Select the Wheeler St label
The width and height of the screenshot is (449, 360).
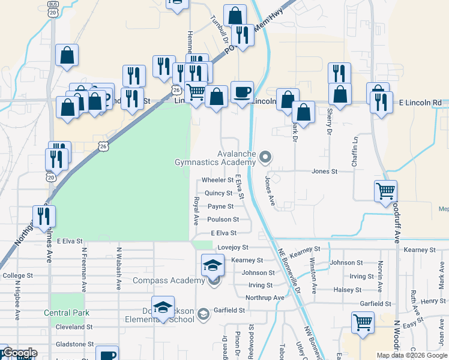[217, 180]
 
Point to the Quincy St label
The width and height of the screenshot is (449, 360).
[218, 193]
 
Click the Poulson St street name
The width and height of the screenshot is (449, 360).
[223, 220]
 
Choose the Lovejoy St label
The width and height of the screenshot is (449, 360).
[233, 247]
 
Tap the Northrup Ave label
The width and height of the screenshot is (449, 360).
[265, 298]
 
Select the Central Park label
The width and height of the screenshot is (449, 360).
[67, 313]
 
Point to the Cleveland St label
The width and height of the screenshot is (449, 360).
[74, 327]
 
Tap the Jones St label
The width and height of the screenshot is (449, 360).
[325, 171]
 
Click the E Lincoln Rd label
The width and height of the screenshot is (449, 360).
[420, 103]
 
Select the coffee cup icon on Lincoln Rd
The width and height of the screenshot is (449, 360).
[242, 92]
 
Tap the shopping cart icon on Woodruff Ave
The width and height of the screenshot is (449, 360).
[385, 191]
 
